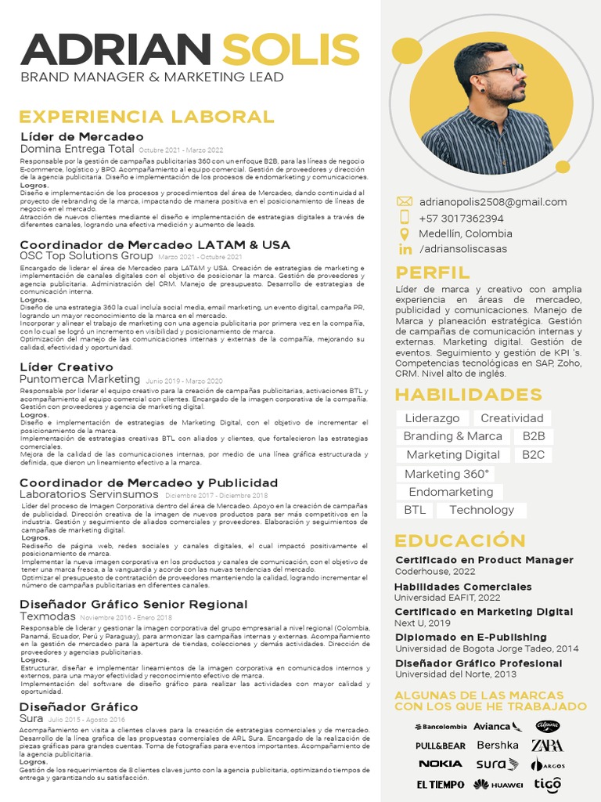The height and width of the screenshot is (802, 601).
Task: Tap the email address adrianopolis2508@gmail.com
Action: pos(493,202)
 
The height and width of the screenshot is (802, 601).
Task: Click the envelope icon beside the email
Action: pos(405,202)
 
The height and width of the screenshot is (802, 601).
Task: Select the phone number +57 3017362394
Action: pos(461,219)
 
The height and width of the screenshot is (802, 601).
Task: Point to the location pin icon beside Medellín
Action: pos(405,234)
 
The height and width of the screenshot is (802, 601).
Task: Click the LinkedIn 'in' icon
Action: pos(405,249)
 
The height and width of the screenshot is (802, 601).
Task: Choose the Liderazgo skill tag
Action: pos(432,418)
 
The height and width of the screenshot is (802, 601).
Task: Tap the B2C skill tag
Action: pos(534,454)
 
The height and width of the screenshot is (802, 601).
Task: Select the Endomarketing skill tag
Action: pos(451,492)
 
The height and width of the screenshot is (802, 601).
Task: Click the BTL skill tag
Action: pos(415,510)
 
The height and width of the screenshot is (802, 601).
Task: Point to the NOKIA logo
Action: pos(440,764)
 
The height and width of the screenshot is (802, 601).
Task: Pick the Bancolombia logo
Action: pos(440,727)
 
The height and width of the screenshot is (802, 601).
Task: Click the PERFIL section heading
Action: pos(433,273)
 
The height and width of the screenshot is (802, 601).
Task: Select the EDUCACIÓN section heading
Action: pos(460,540)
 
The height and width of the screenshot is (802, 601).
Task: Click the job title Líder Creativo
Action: pos(67,367)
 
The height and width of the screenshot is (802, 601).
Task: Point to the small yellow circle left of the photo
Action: pos(406,52)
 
